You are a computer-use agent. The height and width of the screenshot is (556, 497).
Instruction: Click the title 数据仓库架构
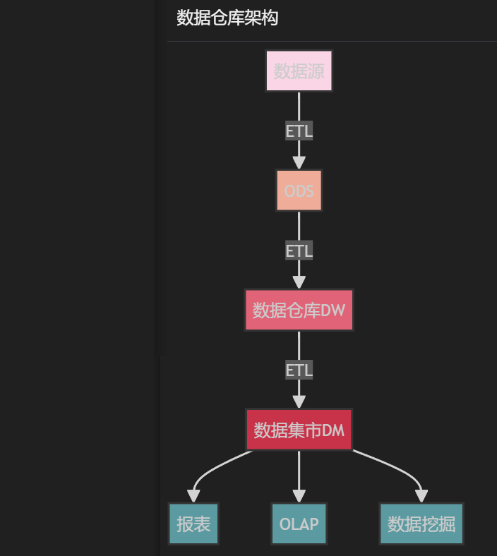227,18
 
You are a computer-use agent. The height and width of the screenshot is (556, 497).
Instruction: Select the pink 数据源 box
299,71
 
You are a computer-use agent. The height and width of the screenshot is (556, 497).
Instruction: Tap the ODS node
299,191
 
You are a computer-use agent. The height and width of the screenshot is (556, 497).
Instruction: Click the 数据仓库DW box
299,310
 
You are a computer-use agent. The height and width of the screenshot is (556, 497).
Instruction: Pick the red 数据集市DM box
299,430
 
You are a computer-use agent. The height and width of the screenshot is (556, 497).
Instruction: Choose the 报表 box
193,524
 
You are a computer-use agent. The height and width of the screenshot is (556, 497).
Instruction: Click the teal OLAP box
299,524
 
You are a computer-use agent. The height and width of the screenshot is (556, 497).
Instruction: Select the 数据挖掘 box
421,524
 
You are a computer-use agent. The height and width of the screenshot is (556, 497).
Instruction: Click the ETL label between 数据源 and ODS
299,131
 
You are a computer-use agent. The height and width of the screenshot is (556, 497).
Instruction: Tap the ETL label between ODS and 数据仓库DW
299,250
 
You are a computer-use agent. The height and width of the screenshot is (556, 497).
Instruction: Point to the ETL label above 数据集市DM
299,370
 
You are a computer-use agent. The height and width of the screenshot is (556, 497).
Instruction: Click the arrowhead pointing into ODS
299,162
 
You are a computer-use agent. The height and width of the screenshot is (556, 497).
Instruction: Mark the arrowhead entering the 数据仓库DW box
299,282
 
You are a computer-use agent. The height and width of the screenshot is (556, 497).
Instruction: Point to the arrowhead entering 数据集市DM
299,401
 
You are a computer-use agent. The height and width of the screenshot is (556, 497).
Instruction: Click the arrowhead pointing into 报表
193,496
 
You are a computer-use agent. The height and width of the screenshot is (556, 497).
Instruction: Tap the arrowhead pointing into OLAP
299,496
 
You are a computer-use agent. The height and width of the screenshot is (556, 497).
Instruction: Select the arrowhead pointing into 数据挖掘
421,496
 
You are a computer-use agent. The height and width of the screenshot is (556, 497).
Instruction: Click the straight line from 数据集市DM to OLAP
299,469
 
